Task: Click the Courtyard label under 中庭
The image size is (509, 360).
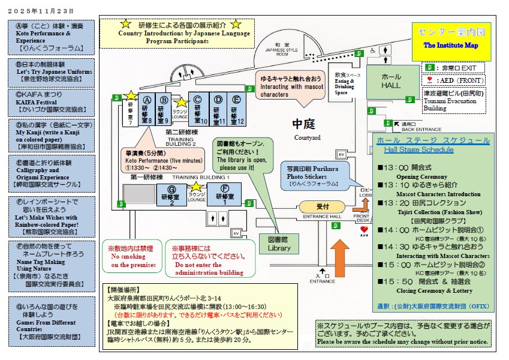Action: click(307, 137)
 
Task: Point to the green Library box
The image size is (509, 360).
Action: click(279, 243)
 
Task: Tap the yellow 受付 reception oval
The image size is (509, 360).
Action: click(322, 206)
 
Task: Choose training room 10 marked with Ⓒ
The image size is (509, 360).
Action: click(198, 109)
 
